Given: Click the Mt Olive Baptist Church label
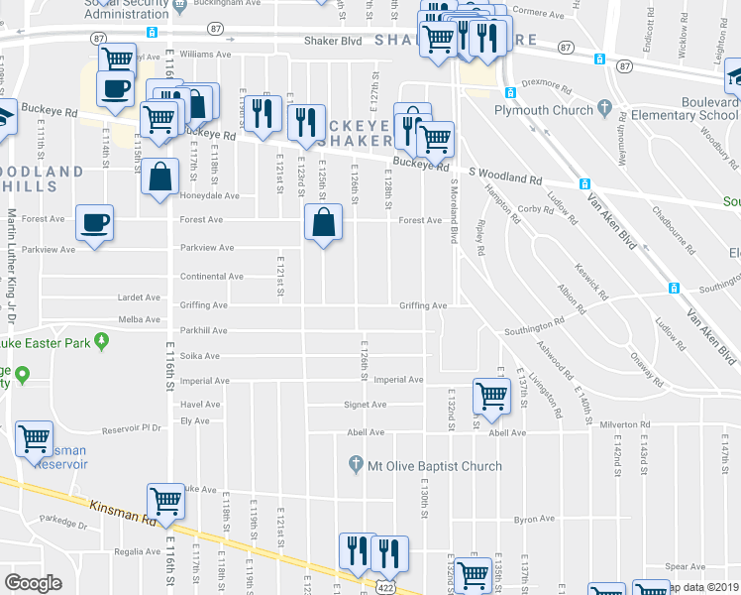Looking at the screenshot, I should pyautogui.click(x=434, y=466).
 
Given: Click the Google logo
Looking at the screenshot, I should pyautogui.click(x=33, y=582).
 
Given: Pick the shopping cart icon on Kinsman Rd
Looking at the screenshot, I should pyautogui.click(x=165, y=501).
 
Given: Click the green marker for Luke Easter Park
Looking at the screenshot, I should pyautogui.click(x=102, y=341).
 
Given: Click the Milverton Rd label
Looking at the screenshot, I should pyautogui.click(x=625, y=424).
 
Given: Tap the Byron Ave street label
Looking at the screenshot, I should pyautogui.click(x=534, y=519).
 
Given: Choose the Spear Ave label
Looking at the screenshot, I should pyautogui.click(x=686, y=566).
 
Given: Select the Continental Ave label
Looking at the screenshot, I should pyautogui.click(x=211, y=277).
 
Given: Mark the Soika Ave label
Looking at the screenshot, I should pyautogui.click(x=199, y=355).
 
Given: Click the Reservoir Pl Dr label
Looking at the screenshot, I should pyautogui.click(x=132, y=429).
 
